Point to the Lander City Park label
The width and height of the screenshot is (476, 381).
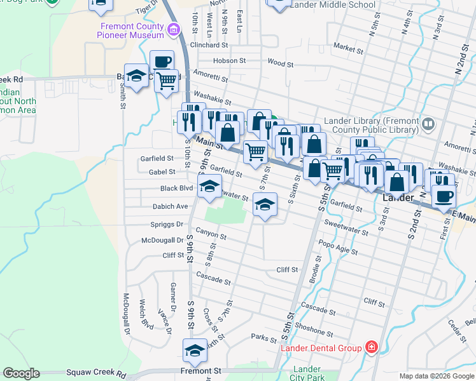307,373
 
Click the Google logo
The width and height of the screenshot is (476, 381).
21,373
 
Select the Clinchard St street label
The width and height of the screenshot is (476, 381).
209,45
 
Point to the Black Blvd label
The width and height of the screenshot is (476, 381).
176,189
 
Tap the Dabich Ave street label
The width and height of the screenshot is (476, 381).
170,206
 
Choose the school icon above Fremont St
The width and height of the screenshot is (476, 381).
195,350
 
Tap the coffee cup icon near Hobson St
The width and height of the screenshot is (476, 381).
162,62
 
